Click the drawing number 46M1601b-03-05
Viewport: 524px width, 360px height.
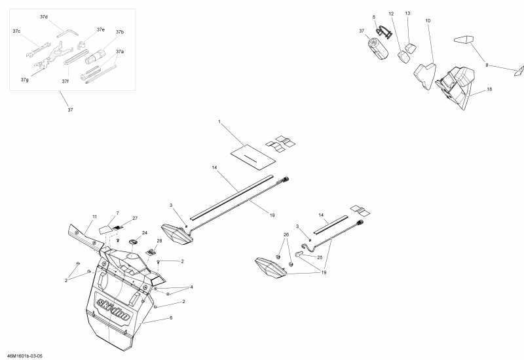24,355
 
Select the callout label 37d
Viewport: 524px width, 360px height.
43,16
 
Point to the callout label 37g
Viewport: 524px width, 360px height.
24,79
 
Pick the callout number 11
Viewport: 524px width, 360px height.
94,216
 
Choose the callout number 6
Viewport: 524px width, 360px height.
171,317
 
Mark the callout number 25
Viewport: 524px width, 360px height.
320,257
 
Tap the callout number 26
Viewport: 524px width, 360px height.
286,234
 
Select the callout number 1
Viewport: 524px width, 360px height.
219,122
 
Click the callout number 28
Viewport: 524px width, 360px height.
159,241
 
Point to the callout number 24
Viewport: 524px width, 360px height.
145,232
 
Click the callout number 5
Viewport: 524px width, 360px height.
374,16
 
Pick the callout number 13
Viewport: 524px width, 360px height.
407,13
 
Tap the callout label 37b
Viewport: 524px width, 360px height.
120,31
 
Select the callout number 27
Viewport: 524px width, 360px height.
135,218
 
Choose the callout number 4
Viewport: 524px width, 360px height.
191,287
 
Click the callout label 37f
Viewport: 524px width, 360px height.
65,81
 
